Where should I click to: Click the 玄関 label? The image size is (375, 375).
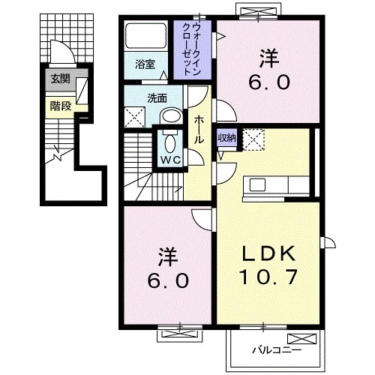tap(59, 79)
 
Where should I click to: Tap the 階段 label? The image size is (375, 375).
tap(60, 105)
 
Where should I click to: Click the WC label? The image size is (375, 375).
tap(169, 160)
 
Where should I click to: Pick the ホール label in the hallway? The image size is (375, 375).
tap(199, 129)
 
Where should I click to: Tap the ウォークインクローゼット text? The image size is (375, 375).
tap(196, 45)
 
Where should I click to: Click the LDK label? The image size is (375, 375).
tap(268, 253)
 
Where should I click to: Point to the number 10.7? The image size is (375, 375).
tap(268, 277)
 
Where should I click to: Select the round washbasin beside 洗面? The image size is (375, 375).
tap(172, 116)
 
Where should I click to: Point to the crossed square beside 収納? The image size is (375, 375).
tap(253, 139)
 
